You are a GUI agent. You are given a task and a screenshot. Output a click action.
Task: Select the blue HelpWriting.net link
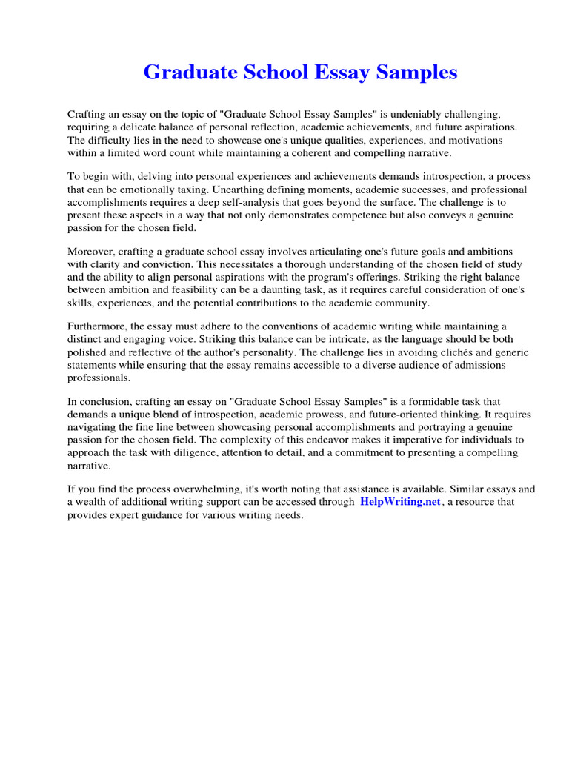400,502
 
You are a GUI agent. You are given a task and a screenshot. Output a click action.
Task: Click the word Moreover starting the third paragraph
91,252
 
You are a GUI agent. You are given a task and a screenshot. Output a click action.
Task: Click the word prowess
337,415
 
